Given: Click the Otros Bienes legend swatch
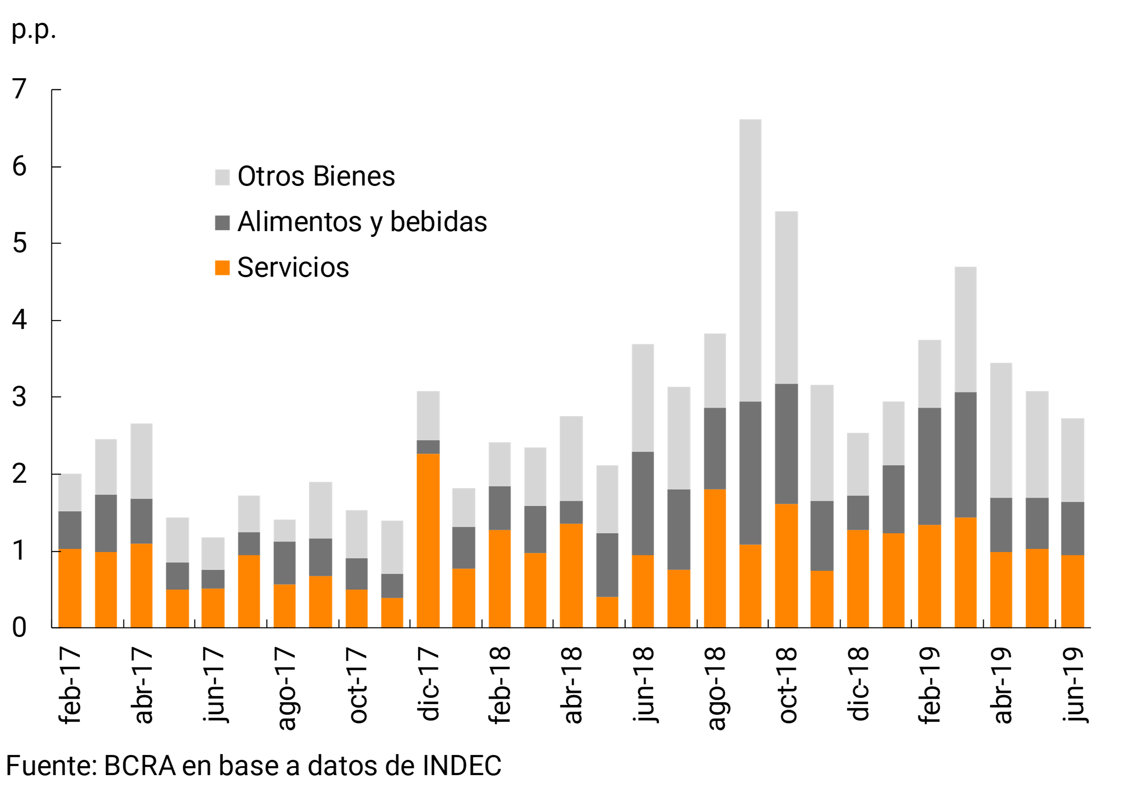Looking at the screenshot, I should click(x=222, y=177).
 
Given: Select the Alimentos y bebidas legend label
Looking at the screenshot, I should click(x=362, y=222).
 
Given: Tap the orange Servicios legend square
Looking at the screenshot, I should click(x=222, y=267).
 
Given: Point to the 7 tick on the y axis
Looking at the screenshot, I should click(x=19, y=89).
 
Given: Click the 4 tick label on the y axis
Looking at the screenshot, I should click(x=19, y=320).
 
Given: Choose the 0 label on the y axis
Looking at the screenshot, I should click(x=19, y=628).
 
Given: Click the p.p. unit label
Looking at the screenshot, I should click(x=33, y=30).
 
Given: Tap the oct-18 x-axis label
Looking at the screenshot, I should click(x=786, y=685).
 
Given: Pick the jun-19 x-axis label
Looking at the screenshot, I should click(x=1073, y=685).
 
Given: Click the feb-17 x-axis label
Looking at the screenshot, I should click(x=70, y=685).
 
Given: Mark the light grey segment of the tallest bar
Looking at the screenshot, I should click(x=750, y=261).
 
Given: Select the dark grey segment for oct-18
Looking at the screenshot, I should click(x=786, y=444).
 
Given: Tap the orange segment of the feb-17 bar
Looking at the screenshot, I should click(x=70, y=588).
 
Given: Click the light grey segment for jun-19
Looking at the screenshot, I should click(x=1072, y=460).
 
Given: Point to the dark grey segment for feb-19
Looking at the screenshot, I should click(x=929, y=466).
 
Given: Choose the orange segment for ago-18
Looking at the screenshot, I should click(x=715, y=559).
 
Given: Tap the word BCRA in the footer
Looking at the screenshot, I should click(x=140, y=766).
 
